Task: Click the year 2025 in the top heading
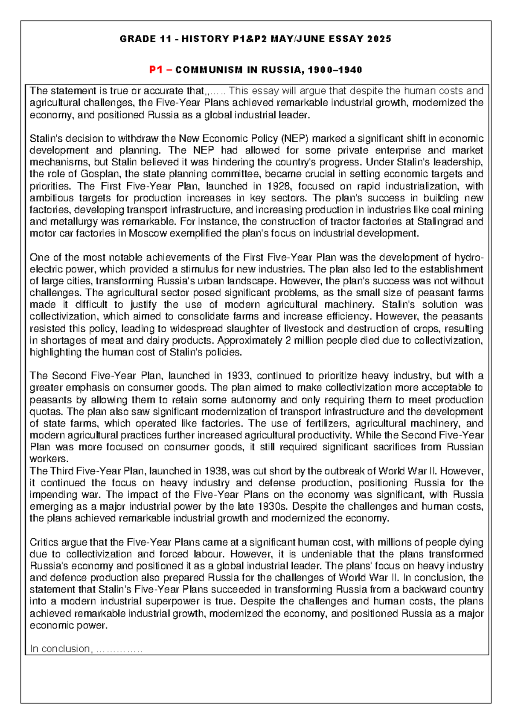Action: point(379,39)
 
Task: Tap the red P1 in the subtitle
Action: point(156,70)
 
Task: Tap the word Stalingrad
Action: point(440,222)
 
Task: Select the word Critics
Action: point(44,542)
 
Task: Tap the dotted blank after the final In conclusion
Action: point(119,649)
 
